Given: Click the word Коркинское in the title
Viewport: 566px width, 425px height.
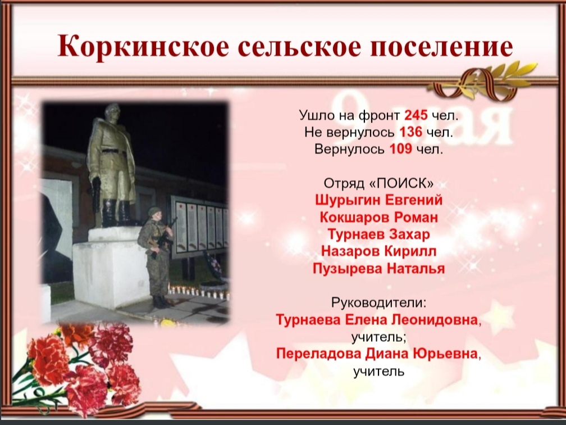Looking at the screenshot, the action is tap(143, 46).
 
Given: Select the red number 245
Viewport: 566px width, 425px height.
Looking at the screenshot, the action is tap(416, 115).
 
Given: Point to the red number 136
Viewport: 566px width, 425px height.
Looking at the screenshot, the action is tap(411, 132).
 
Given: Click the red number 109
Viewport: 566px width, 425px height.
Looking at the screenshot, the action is tap(401, 149).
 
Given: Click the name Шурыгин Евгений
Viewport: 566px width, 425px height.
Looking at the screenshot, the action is tap(378, 200).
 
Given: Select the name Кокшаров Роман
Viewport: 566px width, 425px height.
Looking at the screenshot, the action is tap(378, 217).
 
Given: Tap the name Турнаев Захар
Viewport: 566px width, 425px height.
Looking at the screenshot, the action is tap(378, 234).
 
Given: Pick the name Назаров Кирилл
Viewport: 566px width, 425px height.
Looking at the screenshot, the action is tap(378, 251).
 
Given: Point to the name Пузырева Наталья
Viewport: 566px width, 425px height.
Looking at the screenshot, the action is tap(378, 269).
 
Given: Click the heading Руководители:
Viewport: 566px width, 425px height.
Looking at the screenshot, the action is tap(378, 302).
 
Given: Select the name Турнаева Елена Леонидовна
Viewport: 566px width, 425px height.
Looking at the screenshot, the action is tap(377, 320).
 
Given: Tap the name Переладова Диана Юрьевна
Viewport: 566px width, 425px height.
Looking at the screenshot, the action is tap(377, 354).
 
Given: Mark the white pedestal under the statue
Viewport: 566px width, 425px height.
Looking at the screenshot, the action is tap(108, 268).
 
